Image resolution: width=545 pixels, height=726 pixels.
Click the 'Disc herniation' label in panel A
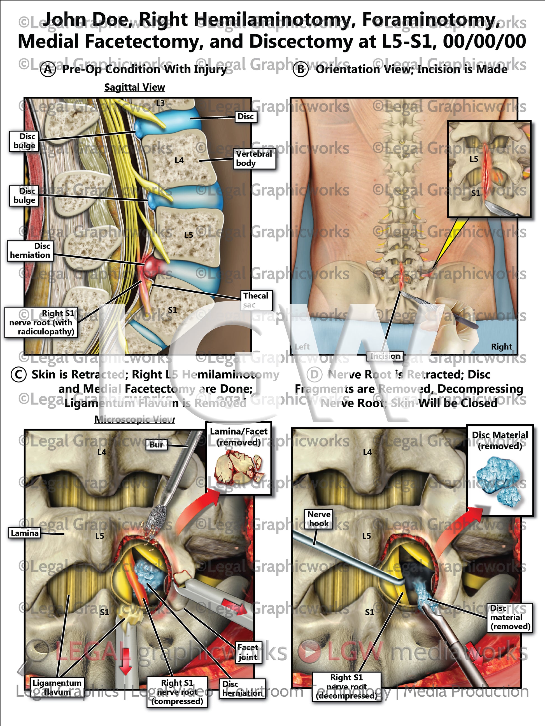tap(30, 251)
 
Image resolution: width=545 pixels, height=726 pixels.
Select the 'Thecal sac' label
tap(256, 300)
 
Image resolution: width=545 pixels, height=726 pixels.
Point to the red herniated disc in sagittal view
tap(152, 264)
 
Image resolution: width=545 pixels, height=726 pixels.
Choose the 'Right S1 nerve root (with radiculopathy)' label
tap(41, 322)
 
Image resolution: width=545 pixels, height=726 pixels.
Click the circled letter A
tap(48, 70)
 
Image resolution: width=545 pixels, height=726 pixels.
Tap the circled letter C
tap(18, 375)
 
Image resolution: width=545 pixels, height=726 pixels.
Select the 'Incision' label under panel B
tap(385, 356)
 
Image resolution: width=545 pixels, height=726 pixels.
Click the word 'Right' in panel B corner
tap(501, 347)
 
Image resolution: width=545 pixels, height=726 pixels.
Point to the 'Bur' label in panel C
tap(156, 445)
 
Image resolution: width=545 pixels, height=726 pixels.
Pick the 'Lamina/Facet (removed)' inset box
tap(239, 458)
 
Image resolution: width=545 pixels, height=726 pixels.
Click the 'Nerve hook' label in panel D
tap(319, 519)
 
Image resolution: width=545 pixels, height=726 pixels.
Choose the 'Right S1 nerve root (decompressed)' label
tap(347, 686)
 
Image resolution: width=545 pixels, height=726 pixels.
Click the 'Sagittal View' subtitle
tap(134, 87)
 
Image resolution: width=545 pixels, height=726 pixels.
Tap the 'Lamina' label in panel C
tap(25, 533)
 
